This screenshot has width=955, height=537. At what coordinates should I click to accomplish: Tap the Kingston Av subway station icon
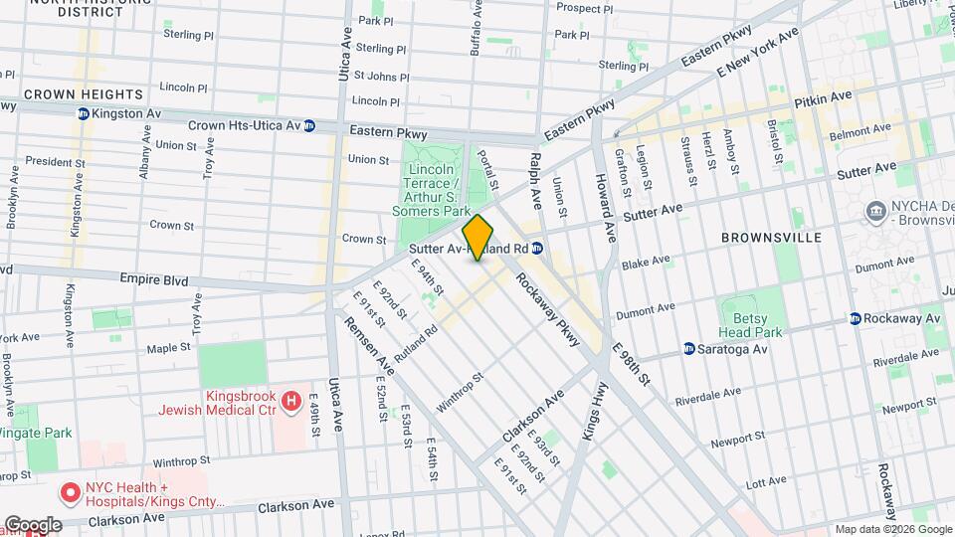click(x=83, y=114)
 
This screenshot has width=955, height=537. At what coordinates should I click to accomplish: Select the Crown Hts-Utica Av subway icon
click(x=309, y=126)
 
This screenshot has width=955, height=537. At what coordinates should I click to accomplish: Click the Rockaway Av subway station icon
click(x=855, y=318)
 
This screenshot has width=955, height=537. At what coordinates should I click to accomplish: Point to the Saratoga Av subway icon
click(x=689, y=349)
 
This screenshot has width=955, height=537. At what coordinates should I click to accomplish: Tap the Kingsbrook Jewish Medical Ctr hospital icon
click(x=291, y=402)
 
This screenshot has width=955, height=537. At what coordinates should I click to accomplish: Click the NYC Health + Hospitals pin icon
click(x=71, y=492)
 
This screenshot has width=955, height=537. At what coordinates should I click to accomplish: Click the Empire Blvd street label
click(x=153, y=280)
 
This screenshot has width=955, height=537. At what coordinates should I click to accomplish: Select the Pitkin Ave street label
click(x=823, y=98)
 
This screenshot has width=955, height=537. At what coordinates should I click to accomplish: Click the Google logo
click(x=32, y=524)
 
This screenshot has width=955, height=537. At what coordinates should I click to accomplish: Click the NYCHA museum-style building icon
click(x=876, y=210)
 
